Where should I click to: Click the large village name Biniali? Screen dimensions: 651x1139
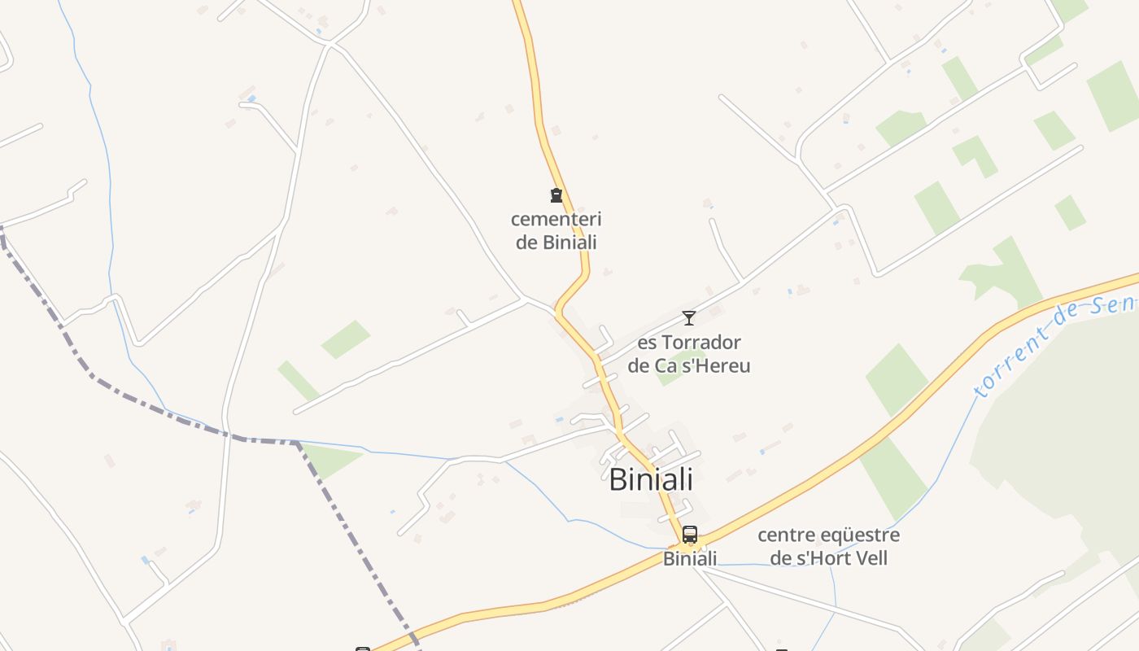pos(651,479)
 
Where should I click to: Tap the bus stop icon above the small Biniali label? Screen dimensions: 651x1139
pos(690,535)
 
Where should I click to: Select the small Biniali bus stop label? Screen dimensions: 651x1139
pos(690,558)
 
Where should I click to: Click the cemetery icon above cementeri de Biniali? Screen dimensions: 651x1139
pos(556,195)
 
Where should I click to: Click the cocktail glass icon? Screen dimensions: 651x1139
pos(689,318)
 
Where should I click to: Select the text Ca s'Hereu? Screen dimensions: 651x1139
pos(702,365)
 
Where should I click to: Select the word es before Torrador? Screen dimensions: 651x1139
pos(647,342)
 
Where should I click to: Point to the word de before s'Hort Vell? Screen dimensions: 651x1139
pos(780,558)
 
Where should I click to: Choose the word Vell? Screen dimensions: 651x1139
pos(871,558)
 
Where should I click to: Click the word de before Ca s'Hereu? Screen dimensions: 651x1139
pos(639,365)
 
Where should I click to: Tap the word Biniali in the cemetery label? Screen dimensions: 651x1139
pos(569,242)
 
